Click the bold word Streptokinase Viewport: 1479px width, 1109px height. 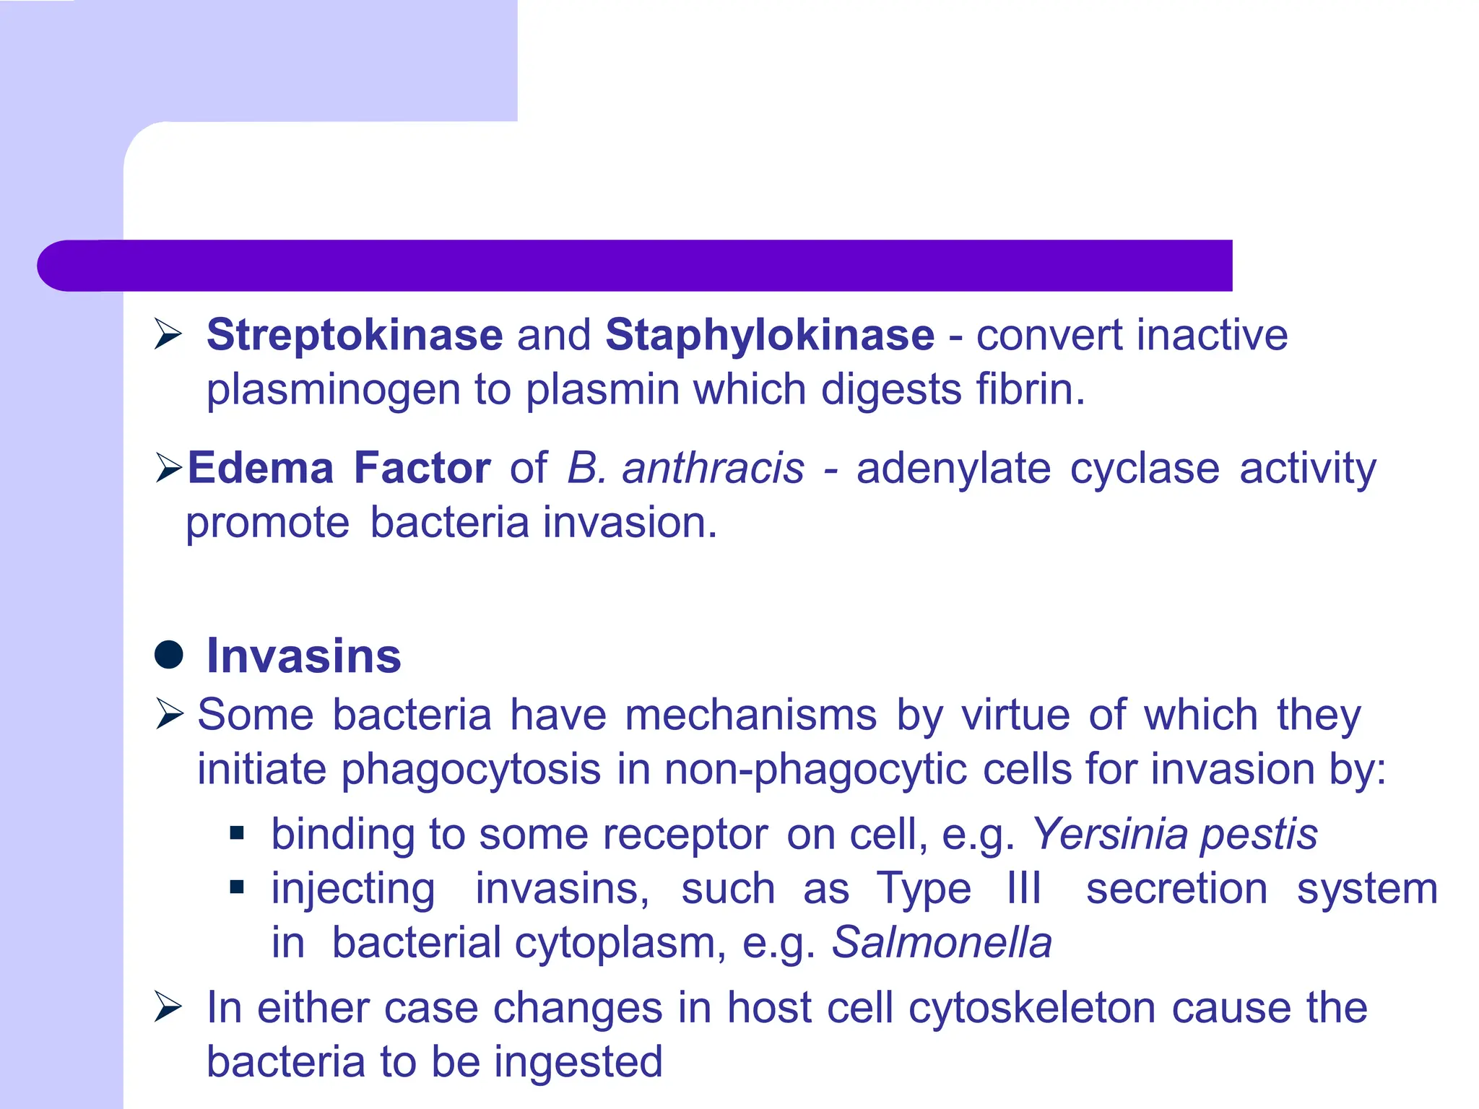[x=355, y=335]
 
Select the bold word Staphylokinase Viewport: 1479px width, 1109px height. [x=770, y=335]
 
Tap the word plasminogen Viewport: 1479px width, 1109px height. [x=333, y=391]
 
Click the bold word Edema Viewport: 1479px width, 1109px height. [x=261, y=468]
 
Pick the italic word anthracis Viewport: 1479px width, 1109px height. [x=713, y=468]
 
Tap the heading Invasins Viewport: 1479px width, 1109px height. [x=303, y=656]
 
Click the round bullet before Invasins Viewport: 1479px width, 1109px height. [x=169, y=655]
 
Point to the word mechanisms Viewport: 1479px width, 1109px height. [x=751, y=715]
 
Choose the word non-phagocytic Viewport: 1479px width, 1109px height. [x=815, y=770]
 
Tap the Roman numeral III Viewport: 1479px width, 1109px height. [x=1024, y=888]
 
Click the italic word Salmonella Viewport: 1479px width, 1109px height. [x=942, y=942]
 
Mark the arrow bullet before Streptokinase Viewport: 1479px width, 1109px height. [x=168, y=335]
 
